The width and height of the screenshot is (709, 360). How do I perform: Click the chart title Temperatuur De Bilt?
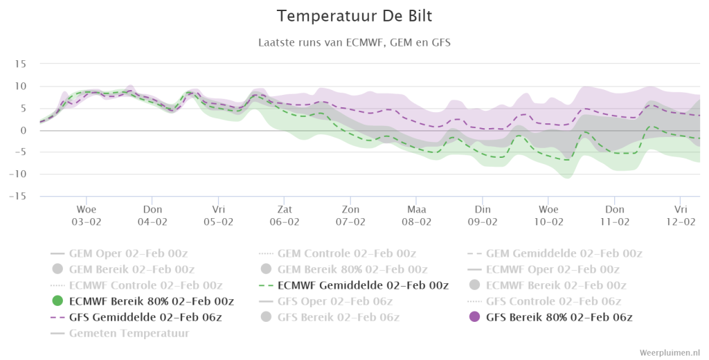354,16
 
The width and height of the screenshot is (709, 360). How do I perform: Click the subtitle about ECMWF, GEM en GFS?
354,42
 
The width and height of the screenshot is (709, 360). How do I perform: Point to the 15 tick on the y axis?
20,64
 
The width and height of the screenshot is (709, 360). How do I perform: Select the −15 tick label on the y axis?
17,197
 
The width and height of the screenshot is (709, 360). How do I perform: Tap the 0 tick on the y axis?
24,130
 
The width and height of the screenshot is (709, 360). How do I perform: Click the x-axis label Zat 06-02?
285,216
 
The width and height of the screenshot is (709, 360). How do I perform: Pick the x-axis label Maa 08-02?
416,216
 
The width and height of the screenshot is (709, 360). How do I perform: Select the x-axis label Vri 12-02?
681,216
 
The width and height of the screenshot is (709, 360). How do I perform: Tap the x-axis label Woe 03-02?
86,216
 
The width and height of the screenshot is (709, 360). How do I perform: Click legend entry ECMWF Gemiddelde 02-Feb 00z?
354,285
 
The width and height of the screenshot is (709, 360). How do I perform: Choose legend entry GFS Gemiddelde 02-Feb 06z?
136,317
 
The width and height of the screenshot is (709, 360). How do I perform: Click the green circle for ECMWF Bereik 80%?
57,300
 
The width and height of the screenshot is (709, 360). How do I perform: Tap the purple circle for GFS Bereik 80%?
474,316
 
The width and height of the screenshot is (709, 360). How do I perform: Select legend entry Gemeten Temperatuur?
120,333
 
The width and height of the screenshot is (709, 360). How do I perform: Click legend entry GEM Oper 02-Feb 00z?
119,253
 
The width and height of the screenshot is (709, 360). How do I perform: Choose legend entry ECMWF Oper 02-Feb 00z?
544,269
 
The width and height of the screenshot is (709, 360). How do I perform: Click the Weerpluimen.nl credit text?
670,352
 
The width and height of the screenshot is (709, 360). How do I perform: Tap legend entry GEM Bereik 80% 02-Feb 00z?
344,269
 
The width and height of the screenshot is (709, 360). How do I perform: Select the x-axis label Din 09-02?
483,216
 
